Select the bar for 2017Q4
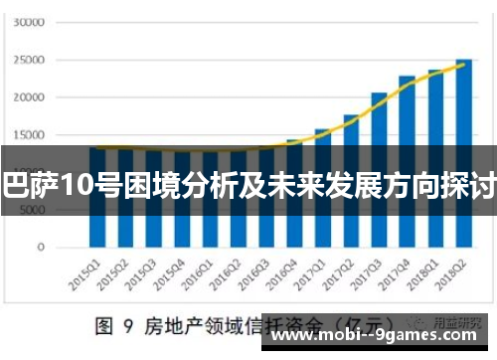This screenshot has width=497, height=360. coord(408,159)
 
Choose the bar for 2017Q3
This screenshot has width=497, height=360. coord(380,169)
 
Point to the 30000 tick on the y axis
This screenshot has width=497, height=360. coord(31,21)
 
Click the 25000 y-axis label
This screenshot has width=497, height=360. coord(31,59)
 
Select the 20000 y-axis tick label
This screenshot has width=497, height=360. coord(31,96)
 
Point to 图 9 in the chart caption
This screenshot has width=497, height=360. coord(108,325)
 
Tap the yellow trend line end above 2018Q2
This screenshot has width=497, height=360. coord(464,63)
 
